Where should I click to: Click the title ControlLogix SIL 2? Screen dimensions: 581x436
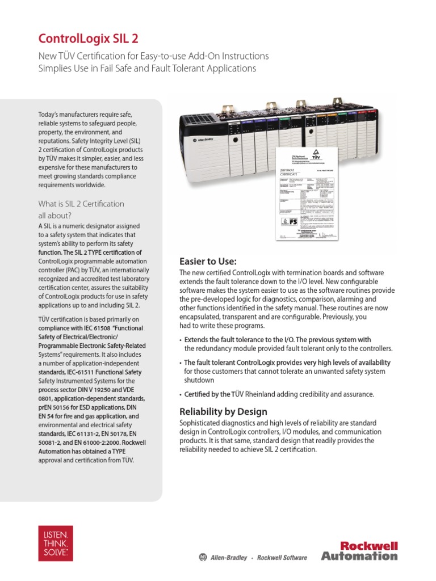coord(87,39)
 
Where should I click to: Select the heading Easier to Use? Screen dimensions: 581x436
coord(207,261)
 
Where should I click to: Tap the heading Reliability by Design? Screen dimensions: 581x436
coord(223,411)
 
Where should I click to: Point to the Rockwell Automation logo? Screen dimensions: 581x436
coord(359,550)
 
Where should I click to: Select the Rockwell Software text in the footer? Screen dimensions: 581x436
coord(282,558)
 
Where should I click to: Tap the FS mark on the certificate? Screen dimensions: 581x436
coord(294,222)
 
